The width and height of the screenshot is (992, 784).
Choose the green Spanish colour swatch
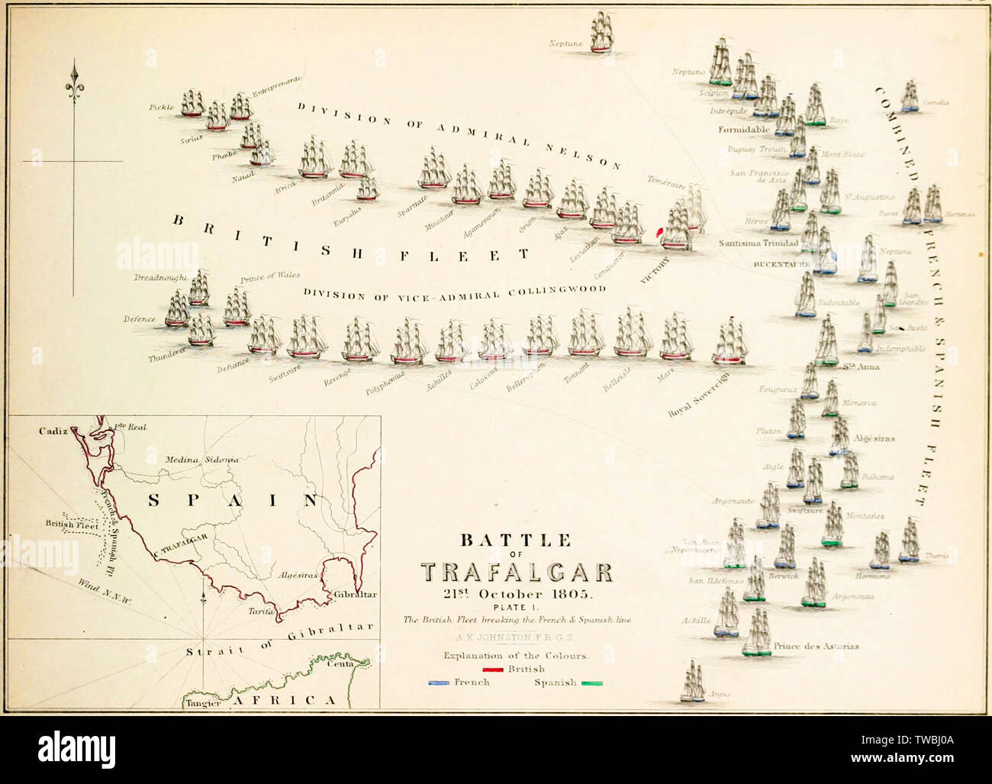[592, 682]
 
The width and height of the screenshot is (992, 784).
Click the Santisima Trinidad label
[758, 244]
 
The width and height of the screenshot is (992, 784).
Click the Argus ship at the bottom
[694, 682]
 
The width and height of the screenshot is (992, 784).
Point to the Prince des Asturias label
[816, 646]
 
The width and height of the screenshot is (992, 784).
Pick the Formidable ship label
[743, 130]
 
